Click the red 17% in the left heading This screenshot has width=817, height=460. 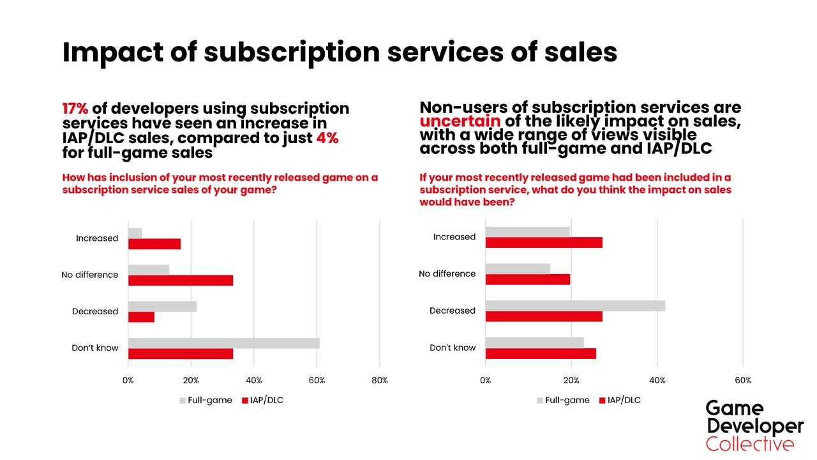pyautogui.click(x=75, y=109)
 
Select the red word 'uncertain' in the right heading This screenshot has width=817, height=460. pyautogui.click(x=460, y=121)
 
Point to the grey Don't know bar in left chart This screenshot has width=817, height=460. pyautogui.click(x=223, y=343)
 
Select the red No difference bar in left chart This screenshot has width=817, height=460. pyautogui.click(x=181, y=280)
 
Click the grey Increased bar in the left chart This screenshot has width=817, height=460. pyautogui.click(x=135, y=233)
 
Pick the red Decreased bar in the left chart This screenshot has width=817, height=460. pyautogui.click(x=141, y=317)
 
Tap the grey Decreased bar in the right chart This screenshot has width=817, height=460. pyautogui.click(x=575, y=305)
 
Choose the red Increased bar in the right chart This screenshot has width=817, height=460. pyautogui.click(x=544, y=243)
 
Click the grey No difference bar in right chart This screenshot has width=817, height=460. pyautogui.click(x=518, y=268)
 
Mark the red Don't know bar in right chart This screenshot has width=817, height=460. pyautogui.click(x=541, y=353)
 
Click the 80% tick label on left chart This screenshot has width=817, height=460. pyautogui.click(x=379, y=381)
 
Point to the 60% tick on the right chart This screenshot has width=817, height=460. pyautogui.click(x=743, y=380)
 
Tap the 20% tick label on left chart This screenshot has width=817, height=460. pyautogui.click(x=191, y=381)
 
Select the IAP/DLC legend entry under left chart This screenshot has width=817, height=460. pyautogui.click(x=262, y=401)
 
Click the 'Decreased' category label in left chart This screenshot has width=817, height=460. pyautogui.click(x=95, y=312)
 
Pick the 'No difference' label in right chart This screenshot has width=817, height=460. pyautogui.click(x=447, y=273)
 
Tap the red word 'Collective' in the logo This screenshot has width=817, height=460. pyautogui.click(x=750, y=444)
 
